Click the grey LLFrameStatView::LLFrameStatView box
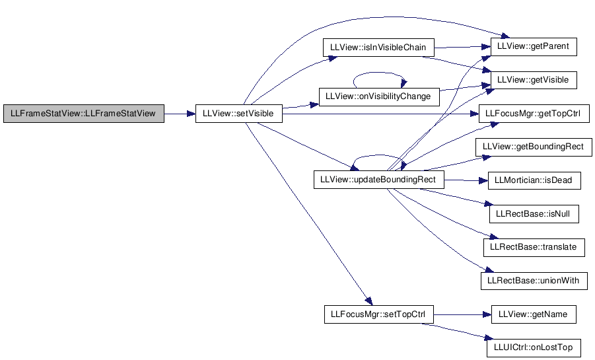tap(84, 114)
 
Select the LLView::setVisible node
tap(239, 114)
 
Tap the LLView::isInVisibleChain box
tap(378, 48)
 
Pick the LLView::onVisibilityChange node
tap(379, 97)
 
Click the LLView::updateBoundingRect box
tap(378, 180)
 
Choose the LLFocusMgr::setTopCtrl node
tap(378, 314)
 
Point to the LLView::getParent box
tap(534, 47)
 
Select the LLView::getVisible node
tap(534, 80)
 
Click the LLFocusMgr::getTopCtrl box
tap(534, 114)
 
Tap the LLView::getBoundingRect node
tap(534, 147)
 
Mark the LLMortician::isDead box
tap(534, 180)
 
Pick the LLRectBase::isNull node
tap(534, 214)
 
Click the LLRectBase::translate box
tap(534, 247)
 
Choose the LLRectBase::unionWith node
tap(534, 281)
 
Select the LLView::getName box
tap(534, 314)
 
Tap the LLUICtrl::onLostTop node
tap(534, 347)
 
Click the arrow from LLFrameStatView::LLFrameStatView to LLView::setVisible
tap(180, 114)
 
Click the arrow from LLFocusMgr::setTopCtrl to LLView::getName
tap(462, 314)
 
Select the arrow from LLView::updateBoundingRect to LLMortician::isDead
tap(466, 180)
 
